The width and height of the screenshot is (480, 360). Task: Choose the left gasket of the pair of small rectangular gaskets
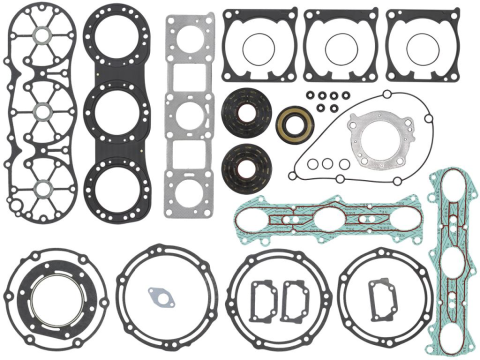point(262,297)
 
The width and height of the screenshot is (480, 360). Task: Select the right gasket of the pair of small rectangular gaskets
point(296,297)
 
